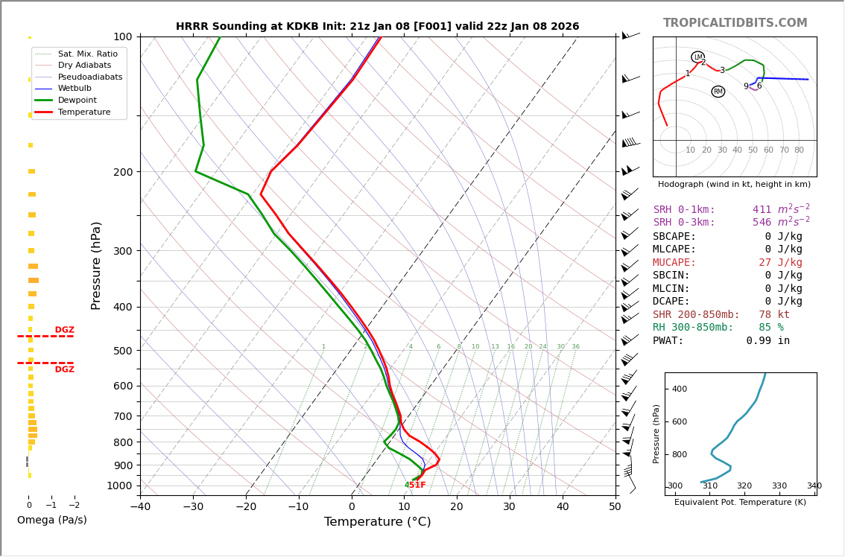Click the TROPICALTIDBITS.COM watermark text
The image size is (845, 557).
(x=735, y=23)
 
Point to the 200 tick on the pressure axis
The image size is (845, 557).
(x=123, y=172)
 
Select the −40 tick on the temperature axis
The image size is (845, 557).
(x=140, y=508)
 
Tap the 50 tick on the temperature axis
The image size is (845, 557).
(x=615, y=508)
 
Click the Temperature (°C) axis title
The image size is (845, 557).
(x=377, y=522)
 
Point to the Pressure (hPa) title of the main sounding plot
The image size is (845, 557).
(x=96, y=265)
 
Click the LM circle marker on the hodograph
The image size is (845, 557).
(x=697, y=57)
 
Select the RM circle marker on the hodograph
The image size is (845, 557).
(x=718, y=92)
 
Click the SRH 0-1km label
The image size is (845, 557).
(x=683, y=210)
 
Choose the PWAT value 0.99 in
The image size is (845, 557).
(x=768, y=340)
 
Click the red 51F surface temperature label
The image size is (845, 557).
(x=417, y=486)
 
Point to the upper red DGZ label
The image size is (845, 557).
(x=64, y=330)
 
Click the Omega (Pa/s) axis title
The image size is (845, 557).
(x=51, y=521)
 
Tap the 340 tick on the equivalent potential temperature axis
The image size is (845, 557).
(x=814, y=486)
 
